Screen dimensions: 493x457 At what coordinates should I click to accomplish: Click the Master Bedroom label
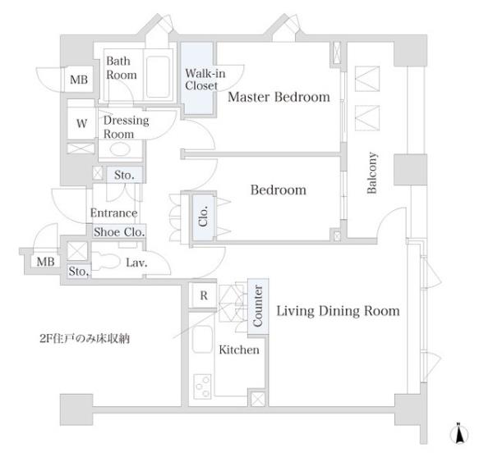[279, 97]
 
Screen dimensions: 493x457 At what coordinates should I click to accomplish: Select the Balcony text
[372, 172]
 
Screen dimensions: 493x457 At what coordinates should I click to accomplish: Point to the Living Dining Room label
[338, 311]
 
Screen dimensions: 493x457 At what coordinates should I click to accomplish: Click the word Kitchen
[239, 350]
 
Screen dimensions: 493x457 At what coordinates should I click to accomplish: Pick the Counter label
[258, 306]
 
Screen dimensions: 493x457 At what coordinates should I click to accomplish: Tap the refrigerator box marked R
[204, 295]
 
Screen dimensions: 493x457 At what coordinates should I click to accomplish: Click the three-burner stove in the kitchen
[202, 386]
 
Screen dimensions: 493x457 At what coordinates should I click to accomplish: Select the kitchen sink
[202, 340]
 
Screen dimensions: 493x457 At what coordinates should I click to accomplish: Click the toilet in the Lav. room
[105, 262]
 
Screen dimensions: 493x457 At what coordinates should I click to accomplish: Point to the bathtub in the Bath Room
[158, 77]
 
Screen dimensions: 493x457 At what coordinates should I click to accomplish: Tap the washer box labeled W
[81, 123]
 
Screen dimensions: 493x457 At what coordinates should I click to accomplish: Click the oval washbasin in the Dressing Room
[120, 149]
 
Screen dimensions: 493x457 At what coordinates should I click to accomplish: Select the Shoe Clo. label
[119, 232]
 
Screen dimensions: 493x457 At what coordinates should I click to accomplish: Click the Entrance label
[114, 213]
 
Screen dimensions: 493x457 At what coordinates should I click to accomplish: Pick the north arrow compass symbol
[459, 434]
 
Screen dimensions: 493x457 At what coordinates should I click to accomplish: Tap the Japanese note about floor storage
[85, 339]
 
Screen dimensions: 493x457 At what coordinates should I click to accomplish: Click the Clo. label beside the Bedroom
[203, 216]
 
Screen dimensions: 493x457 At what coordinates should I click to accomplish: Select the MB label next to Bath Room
[79, 80]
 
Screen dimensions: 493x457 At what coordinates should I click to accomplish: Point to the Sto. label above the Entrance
[124, 175]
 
